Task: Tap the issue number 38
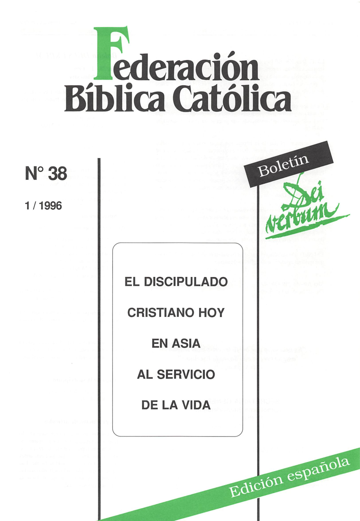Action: [x=58, y=173]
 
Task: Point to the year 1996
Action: [x=50, y=206]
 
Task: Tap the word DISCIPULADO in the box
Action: [x=186, y=282]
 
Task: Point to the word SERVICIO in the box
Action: [x=186, y=375]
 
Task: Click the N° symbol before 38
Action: [x=35, y=173]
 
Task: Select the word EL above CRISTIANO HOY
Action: [x=131, y=282]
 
